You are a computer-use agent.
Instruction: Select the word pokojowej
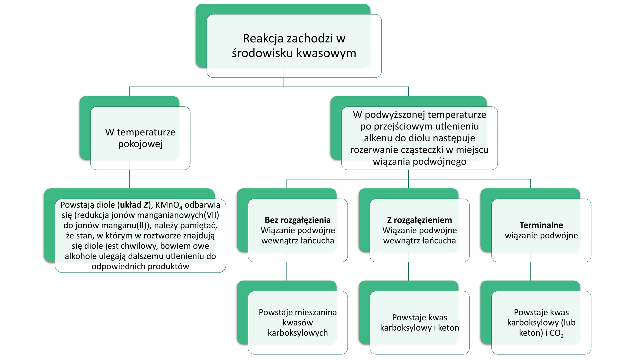click(140, 144)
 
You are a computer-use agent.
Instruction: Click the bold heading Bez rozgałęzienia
click(298, 220)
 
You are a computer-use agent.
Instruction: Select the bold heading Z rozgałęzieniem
click(419, 220)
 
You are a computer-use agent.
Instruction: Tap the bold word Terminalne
click(541, 225)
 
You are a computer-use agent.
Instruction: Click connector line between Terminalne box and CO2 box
click(530, 271)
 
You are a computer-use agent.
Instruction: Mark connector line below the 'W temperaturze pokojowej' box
click(129, 179)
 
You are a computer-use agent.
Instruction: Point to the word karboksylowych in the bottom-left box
click(298, 333)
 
